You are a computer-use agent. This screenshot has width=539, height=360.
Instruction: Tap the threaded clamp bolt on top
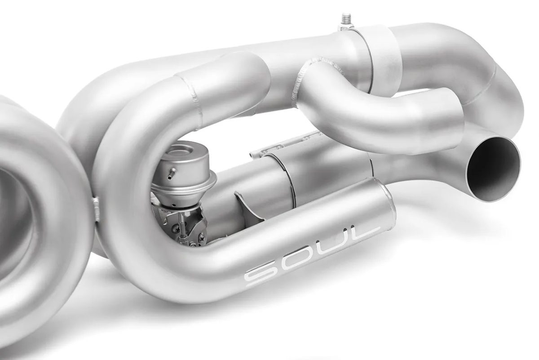(346, 20)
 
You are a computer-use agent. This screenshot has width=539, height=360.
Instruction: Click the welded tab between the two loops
(96, 209)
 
